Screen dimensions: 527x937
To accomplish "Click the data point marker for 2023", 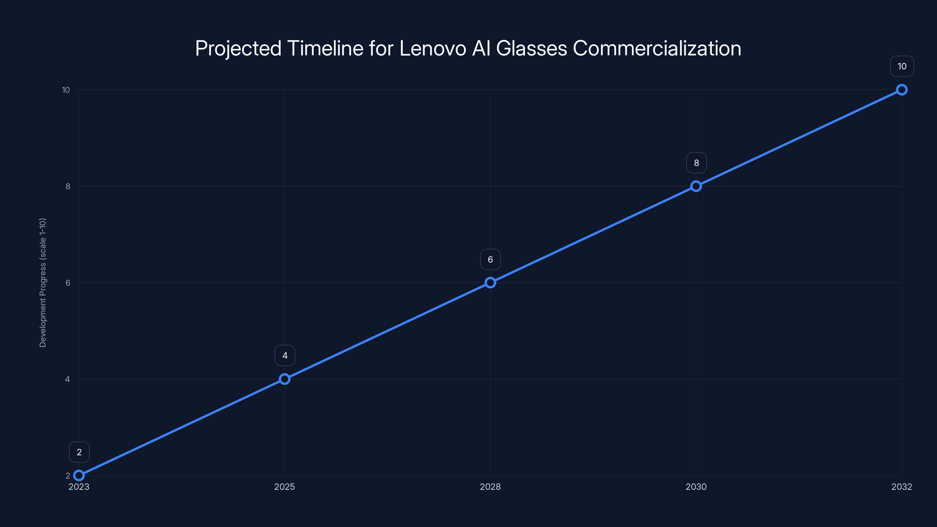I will point(79,475).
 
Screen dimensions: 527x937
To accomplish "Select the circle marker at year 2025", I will point(284,379).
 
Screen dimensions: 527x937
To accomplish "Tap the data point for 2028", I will point(490,283).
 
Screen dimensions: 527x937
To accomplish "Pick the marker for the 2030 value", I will point(696,186).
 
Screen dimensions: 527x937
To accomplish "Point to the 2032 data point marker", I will point(902,90).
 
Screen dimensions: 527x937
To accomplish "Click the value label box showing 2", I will point(79,452).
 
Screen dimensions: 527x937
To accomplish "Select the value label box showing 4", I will point(285,355).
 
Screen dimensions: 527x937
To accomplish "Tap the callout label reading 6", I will point(490,259).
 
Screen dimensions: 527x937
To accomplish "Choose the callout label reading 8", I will point(696,163).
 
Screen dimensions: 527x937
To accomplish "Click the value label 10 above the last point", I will point(902,66).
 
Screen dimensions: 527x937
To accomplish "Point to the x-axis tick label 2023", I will point(79,487).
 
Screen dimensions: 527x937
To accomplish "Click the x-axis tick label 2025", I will point(284,487).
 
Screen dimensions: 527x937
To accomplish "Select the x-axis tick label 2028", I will point(490,487).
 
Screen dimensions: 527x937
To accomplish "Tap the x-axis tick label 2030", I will point(696,487).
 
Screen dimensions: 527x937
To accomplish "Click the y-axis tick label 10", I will point(66,90).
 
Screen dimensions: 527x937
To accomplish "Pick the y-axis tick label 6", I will point(68,283).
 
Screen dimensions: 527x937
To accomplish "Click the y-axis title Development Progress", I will point(42,283).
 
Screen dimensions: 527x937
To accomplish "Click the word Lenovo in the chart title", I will point(432,48).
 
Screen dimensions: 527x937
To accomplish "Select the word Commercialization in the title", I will point(657,48).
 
